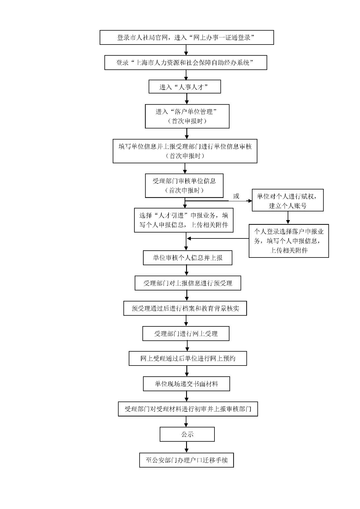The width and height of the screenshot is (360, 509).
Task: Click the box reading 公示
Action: [x=187, y=434]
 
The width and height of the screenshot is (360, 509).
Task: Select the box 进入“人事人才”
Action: [x=185, y=87]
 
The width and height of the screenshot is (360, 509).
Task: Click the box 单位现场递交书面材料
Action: [x=186, y=384]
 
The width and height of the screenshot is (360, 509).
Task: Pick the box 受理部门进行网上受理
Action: [x=186, y=333]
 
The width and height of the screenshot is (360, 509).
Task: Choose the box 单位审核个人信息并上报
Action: [x=188, y=257]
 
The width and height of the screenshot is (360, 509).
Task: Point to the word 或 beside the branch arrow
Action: [x=236, y=196]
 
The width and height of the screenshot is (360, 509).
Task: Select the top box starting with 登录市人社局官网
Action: [x=187, y=37]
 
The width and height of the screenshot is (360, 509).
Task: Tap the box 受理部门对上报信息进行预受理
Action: [x=188, y=283]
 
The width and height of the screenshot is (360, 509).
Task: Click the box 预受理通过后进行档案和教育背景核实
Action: [x=185, y=308]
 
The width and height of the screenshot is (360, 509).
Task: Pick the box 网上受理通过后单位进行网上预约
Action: [x=188, y=358]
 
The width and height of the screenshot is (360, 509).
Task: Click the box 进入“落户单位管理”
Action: [x=187, y=116]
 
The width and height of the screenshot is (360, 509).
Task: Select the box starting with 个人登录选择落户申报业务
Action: [x=289, y=241]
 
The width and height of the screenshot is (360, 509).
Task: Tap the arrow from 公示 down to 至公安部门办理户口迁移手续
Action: [x=186, y=447]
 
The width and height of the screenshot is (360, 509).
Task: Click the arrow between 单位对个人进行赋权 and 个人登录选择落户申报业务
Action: [x=288, y=218]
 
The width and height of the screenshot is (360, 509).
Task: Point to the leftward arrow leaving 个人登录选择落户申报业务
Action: [x=216, y=238]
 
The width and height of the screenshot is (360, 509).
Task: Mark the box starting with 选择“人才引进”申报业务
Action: [x=184, y=220]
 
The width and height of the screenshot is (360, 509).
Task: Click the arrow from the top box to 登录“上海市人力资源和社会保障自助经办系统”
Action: [x=186, y=50]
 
